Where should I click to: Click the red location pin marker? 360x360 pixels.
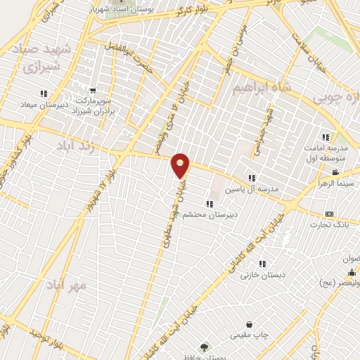coord(181,166)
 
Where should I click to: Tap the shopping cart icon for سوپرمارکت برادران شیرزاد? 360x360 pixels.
coord(92,91)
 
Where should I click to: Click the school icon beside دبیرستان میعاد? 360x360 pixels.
coord(44,93)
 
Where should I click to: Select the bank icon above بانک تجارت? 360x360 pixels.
coord(328,214)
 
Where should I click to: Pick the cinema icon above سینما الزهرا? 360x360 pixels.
coord(335,172)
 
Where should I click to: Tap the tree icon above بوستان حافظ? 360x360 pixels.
coord(204,347)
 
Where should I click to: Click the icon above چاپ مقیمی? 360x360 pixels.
coord(251,324)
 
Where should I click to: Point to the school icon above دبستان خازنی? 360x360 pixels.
coord(262,264)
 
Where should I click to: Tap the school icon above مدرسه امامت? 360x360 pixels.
coord(325,138)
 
